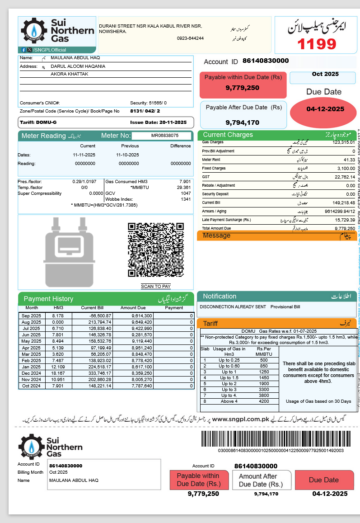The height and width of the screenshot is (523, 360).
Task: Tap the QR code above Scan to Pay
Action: point(155,250)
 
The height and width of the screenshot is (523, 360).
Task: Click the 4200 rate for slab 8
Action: point(264,401)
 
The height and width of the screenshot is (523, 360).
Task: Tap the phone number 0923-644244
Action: point(190,38)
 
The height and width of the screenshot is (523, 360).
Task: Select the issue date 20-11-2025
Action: point(173,123)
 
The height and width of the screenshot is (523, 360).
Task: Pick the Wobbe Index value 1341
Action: point(186,199)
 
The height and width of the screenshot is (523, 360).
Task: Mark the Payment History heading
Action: point(48,299)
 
